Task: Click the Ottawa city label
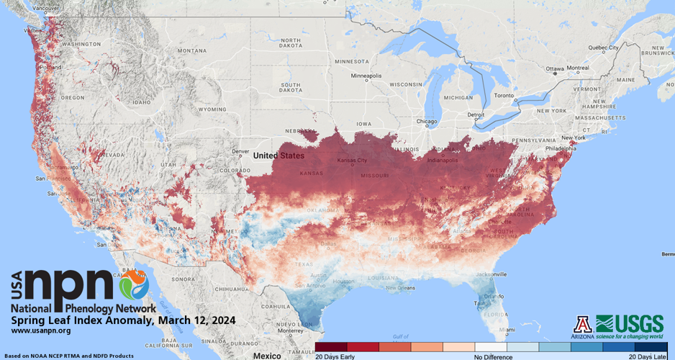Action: (556, 69)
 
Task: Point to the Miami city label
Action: (508, 330)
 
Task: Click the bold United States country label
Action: (278, 156)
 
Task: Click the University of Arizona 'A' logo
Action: (582, 324)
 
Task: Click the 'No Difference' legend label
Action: (493, 356)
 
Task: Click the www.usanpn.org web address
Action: (41, 330)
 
